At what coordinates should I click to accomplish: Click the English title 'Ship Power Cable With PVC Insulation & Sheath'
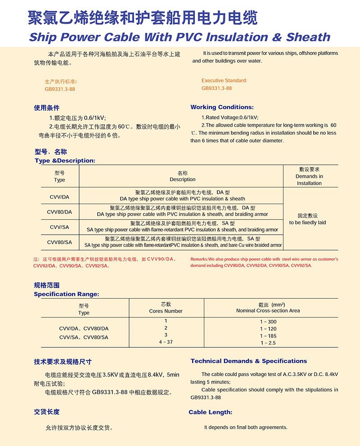[x=179, y=36]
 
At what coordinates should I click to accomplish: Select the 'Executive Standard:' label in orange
[x=224, y=81]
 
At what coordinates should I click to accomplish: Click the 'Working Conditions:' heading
[x=222, y=107]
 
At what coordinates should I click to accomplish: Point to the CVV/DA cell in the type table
[x=59, y=196]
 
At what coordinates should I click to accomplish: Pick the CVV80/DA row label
[x=59, y=212]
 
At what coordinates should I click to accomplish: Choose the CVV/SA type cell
[x=59, y=227]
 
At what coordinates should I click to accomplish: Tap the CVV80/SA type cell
[x=59, y=242]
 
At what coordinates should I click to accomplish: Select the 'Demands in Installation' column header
[x=309, y=180]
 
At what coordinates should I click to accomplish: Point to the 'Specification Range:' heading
[x=67, y=294]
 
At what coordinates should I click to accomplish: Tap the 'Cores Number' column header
[x=166, y=311]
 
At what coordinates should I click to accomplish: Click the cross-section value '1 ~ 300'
[x=268, y=322]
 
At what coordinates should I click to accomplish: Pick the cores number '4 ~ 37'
[x=166, y=342]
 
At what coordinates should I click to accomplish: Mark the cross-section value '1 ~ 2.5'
[x=268, y=343]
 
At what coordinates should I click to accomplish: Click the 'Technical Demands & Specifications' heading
[x=248, y=361]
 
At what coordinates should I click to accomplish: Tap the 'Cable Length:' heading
[x=210, y=412]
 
